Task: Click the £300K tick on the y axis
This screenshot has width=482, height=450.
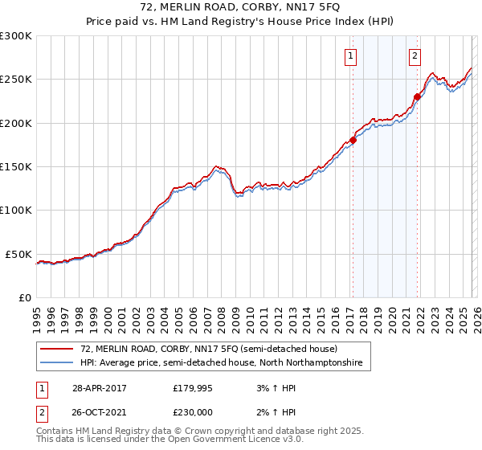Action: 16,36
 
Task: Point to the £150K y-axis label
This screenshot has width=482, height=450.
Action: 16,167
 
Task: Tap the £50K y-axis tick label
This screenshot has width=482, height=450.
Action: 18,254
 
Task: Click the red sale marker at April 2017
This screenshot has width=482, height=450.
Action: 353,140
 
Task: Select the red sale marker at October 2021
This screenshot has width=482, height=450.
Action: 417,97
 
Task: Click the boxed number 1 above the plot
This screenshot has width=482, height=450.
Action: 352,55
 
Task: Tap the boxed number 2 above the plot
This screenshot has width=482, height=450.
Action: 415,55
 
